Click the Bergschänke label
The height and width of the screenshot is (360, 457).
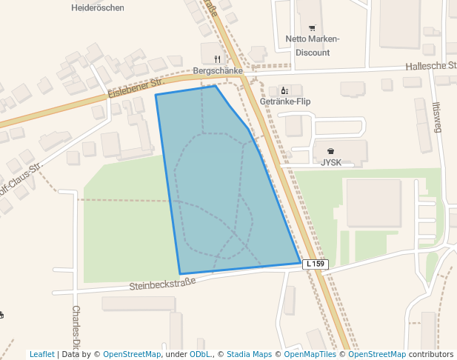[x=218, y=71]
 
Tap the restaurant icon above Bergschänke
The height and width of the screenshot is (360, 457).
[x=217, y=59]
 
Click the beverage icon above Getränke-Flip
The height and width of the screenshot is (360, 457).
[x=284, y=90]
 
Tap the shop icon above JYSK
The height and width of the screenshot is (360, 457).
[x=330, y=150]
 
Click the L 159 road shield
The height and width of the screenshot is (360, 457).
[x=315, y=264]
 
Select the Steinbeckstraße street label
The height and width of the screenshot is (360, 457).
[x=162, y=283]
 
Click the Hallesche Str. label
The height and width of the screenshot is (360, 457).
[x=430, y=66]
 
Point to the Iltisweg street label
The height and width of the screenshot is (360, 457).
[x=437, y=117]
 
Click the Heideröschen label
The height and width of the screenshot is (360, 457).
[x=98, y=8]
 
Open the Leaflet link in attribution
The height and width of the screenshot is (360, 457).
[x=42, y=354]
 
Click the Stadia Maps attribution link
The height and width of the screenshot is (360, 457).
[x=249, y=354]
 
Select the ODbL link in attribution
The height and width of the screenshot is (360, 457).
[x=199, y=354]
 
